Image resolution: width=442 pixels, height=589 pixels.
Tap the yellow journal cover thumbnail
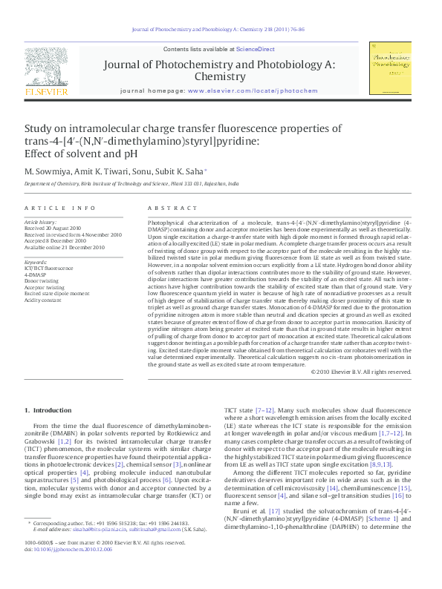coord(390,68)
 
